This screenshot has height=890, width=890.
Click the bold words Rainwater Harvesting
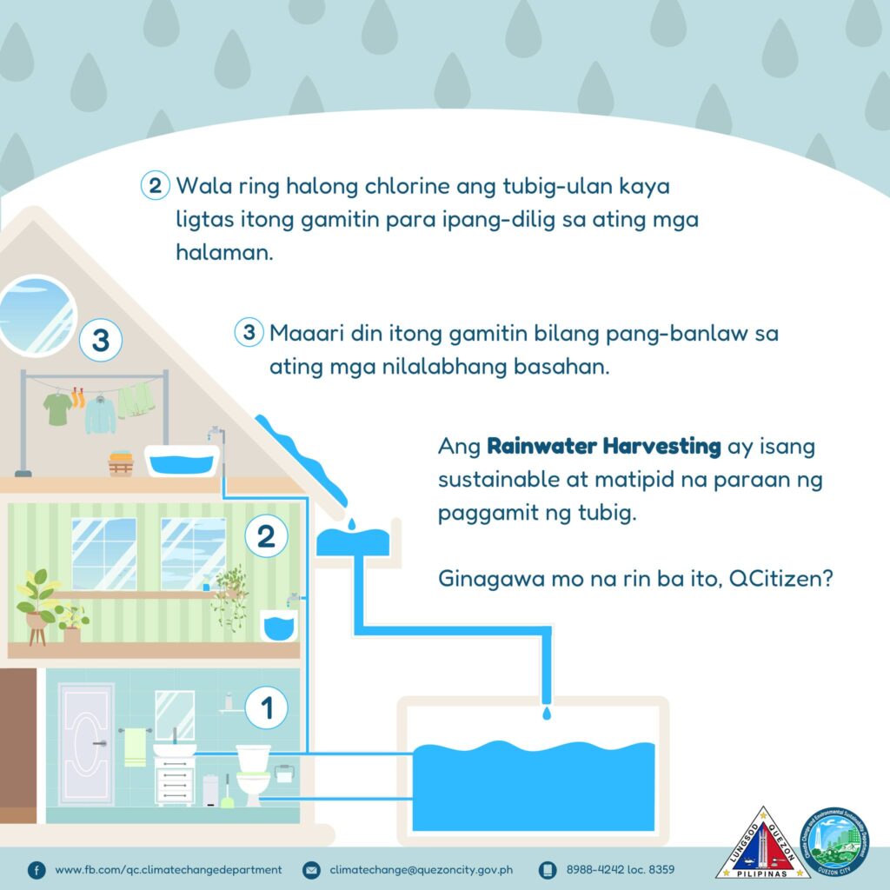pyautogui.click(x=603, y=446)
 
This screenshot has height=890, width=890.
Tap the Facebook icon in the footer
pyautogui.click(x=37, y=870)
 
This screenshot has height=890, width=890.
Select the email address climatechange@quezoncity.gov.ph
pyautogui.click(x=422, y=869)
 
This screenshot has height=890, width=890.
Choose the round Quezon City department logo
pyautogui.click(x=834, y=841)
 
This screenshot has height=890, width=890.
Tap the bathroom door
pyautogui.click(x=86, y=743)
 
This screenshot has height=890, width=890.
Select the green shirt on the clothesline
pyautogui.click(x=57, y=408)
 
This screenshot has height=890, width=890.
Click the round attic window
pyautogui.click(x=37, y=315)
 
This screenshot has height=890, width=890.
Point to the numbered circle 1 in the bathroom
pyautogui.click(x=266, y=707)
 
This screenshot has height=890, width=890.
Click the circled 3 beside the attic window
pyautogui.click(x=101, y=340)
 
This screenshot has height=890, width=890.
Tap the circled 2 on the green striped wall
pyautogui.click(x=266, y=535)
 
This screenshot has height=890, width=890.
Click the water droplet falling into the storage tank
pyautogui.click(x=547, y=713)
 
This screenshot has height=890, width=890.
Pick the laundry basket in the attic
pyautogui.click(x=121, y=464)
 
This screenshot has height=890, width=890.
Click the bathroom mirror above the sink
pyautogui.click(x=175, y=714)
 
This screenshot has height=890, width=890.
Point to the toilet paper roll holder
pyautogui.click(x=284, y=774)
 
